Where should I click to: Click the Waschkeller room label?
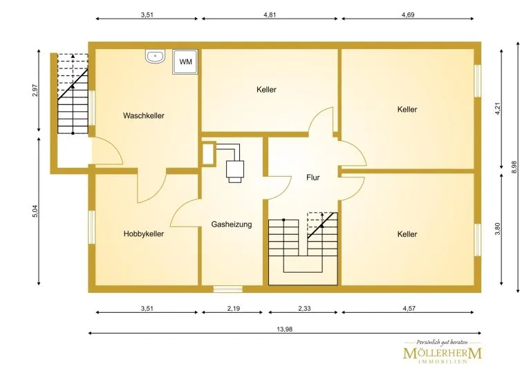(144, 115)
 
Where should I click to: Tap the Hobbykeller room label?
(144, 234)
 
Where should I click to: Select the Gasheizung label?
(232, 224)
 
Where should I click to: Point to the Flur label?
(313, 177)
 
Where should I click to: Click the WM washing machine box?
(185, 62)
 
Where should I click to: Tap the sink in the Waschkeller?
(155, 56)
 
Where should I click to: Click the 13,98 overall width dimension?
(284, 329)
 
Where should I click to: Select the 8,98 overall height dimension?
(514, 167)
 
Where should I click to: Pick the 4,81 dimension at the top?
(270, 15)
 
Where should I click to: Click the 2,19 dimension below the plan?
(234, 309)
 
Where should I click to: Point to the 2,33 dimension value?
(304, 309)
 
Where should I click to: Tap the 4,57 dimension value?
(409, 309)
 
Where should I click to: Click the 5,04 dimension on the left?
(35, 211)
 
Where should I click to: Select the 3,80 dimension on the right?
(498, 229)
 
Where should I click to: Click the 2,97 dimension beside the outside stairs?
(35, 90)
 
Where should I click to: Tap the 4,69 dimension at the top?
(408, 15)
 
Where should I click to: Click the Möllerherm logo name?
(442, 354)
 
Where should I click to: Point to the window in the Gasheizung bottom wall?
(227, 289)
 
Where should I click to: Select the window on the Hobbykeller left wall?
(91, 227)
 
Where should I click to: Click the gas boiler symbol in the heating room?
(234, 169)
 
